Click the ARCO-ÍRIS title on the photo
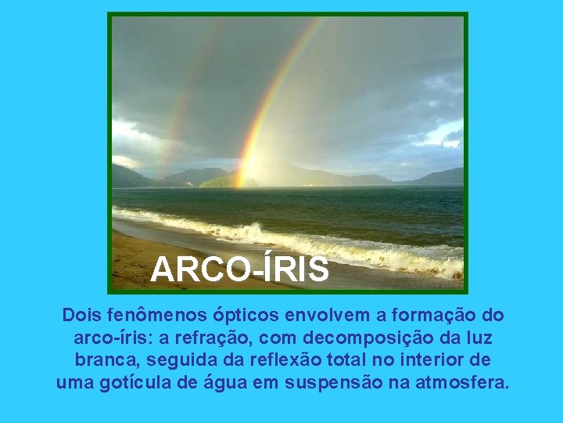click(239, 269)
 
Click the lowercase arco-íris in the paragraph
click(103, 338)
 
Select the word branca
click(106, 360)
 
